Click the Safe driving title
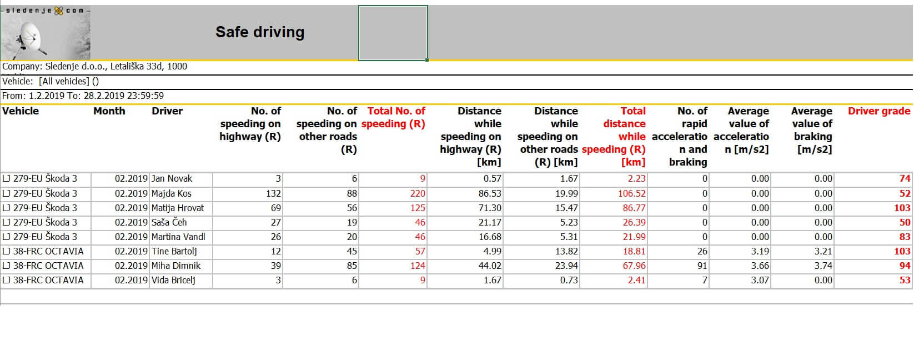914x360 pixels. click(x=260, y=32)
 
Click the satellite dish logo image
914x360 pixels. click(x=46, y=34)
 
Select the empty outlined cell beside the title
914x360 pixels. click(x=393, y=33)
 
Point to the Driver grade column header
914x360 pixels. click(x=878, y=111)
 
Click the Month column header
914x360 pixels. click(x=109, y=111)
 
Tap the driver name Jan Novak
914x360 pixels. click(x=172, y=179)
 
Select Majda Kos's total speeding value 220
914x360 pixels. click(x=417, y=193)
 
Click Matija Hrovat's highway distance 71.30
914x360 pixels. click(x=489, y=208)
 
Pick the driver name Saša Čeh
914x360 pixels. click(x=169, y=222)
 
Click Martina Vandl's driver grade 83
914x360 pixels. click(x=905, y=237)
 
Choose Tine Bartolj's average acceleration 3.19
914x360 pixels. click(x=760, y=251)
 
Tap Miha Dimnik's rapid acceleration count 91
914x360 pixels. click(x=702, y=266)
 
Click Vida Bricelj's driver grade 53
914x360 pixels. click(x=905, y=280)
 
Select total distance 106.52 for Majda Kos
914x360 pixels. click(x=631, y=193)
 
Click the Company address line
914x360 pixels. click(x=94, y=67)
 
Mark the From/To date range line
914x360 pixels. click(x=83, y=96)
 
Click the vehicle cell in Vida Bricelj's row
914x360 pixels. click(x=43, y=280)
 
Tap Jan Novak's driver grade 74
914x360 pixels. click(x=905, y=179)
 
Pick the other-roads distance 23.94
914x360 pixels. click(x=566, y=266)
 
